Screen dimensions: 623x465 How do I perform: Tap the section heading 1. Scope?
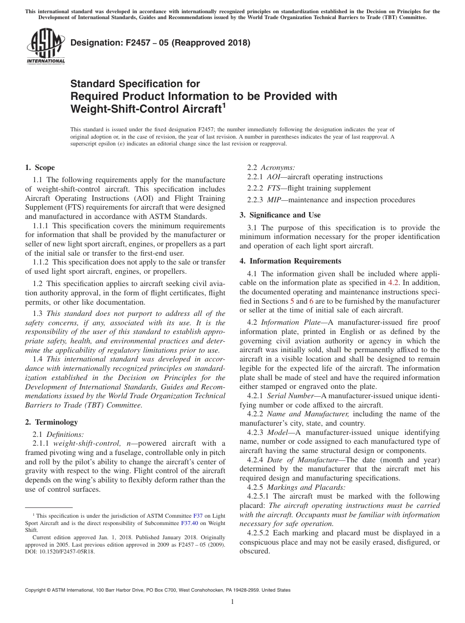(x=40, y=168)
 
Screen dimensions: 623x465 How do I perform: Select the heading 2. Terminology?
(x=51, y=422)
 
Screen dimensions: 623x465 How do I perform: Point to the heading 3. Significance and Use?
(x=280, y=215)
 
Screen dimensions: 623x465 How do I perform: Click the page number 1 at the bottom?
(x=232, y=602)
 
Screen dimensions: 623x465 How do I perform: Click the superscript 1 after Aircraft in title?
(x=224, y=104)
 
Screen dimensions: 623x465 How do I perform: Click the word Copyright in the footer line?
(x=37, y=590)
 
